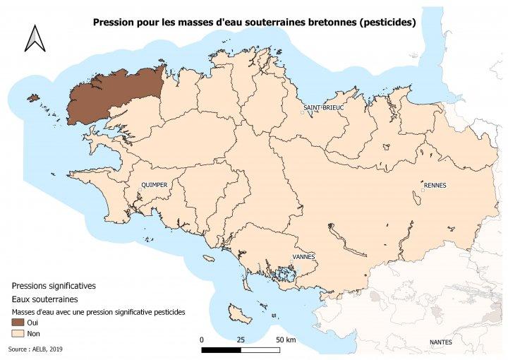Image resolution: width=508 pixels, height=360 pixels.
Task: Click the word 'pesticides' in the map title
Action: tap(387, 23)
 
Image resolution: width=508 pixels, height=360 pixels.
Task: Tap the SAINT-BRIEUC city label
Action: tap(323, 107)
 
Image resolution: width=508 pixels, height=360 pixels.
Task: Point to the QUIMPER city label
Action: tap(154, 185)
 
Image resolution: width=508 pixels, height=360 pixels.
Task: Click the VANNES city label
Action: tap(303, 256)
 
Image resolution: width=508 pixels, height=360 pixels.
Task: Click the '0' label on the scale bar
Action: tap(202, 340)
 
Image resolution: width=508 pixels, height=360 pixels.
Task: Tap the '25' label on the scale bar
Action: tap(241, 340)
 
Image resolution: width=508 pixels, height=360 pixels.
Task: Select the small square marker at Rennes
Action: tap(422, 190)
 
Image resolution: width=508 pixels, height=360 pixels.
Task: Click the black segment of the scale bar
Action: tap(221, 349)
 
